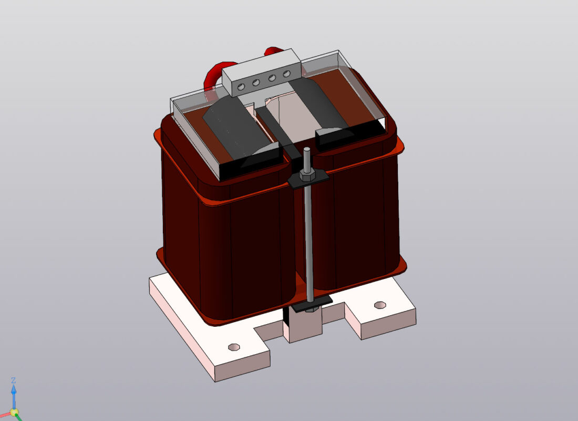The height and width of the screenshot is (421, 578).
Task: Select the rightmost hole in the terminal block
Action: (x=286, y=74)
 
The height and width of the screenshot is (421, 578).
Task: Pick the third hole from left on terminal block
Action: (x=272, y=78)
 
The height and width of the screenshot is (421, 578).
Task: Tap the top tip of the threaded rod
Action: (x=306, y=151)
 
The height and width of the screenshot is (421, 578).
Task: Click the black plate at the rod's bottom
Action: (x=312, y=303)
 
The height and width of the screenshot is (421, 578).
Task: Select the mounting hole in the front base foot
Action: (x=234, y=347)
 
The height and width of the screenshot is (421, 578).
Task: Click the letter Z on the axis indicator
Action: (x=14, y=380)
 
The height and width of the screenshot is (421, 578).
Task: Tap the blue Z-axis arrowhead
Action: (x=14, y=390)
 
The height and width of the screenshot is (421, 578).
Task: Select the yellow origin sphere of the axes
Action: (x=14, y=412)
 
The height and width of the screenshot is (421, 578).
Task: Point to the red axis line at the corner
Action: (x=4, y=416)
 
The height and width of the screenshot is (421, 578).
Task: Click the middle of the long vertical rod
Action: (x=308, y=237)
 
